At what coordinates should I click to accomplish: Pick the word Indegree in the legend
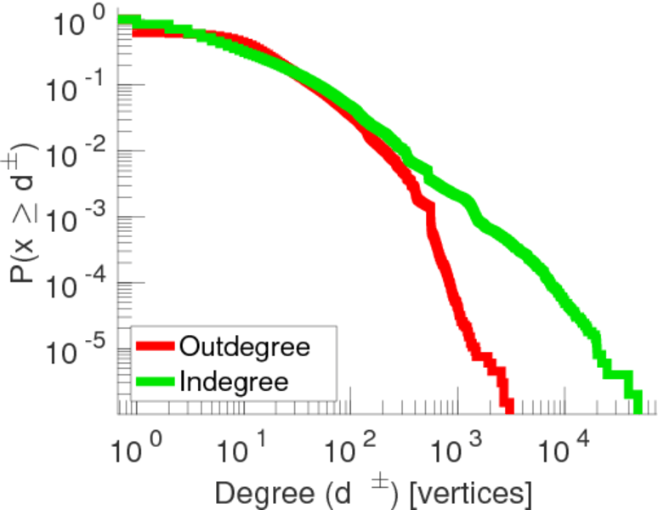tap(234, 382)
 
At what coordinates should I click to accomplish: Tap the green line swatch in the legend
tap(156, 382)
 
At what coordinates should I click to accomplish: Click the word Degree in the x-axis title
tap(257, 493)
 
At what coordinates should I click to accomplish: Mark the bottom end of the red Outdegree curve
tap(508, 410)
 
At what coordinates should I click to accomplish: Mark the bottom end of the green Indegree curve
tap(637, 410)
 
